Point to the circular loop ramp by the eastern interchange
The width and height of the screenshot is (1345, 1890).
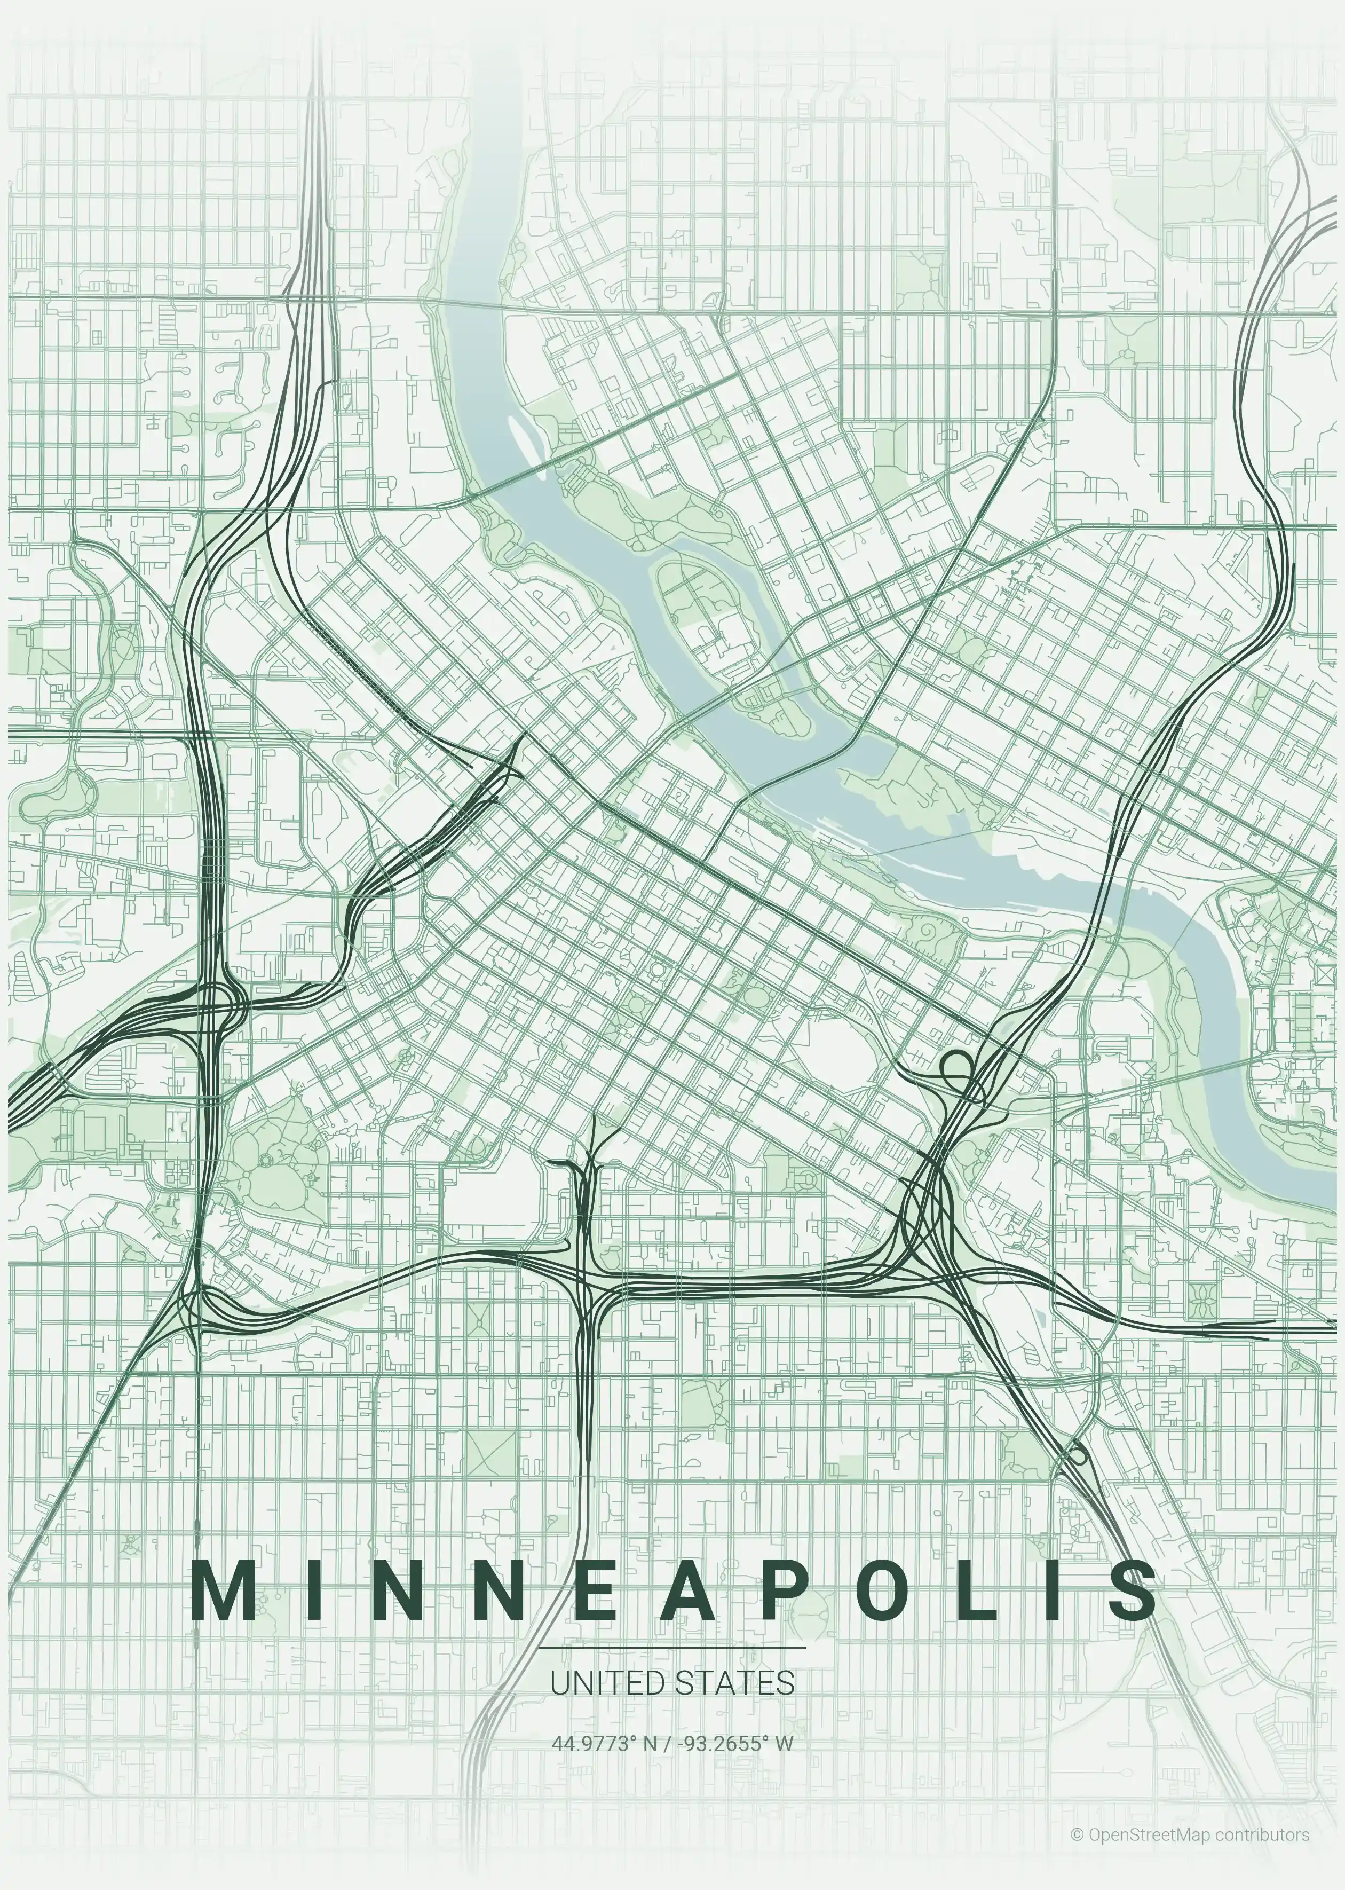[958, 1065]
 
